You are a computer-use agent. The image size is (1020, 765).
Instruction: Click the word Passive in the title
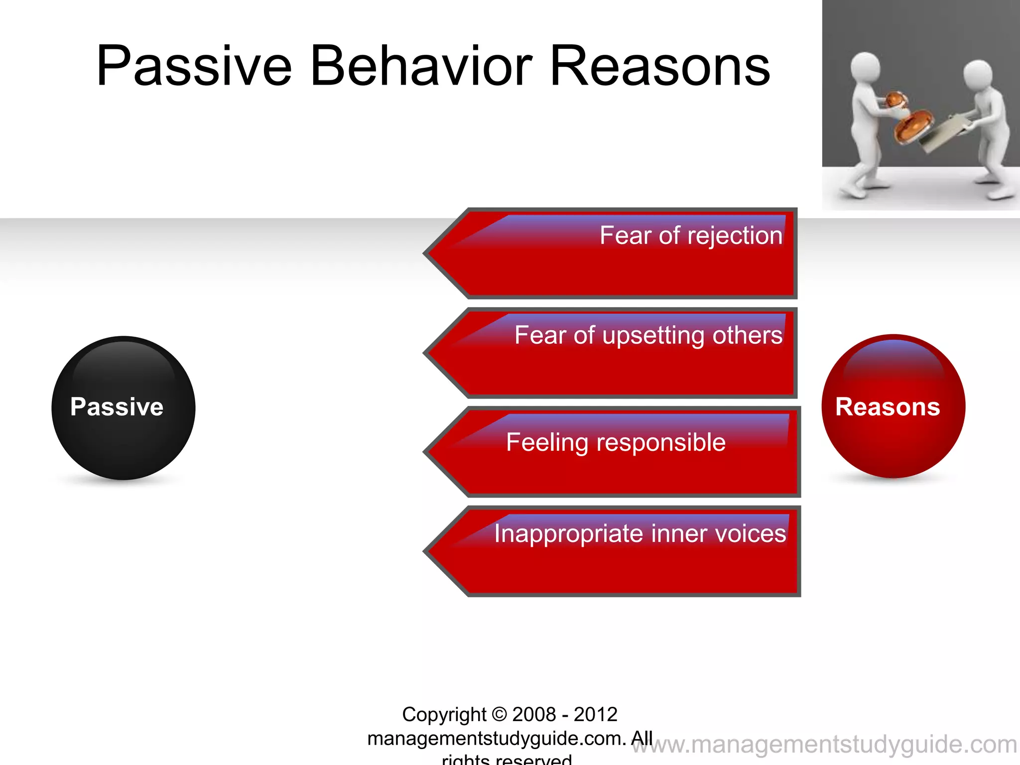point(194,66)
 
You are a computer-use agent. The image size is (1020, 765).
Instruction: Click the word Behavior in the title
point(421,66)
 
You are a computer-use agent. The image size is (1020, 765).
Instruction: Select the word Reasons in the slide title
point(660,66)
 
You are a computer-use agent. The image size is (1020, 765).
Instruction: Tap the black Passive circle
point(123,407)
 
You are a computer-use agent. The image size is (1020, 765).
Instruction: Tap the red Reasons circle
point(893,406)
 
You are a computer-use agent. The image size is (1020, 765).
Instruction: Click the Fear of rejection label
point(691,236)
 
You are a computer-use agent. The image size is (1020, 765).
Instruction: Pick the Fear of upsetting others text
point(648,335)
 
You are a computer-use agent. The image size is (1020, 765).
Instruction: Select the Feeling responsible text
point(616,442)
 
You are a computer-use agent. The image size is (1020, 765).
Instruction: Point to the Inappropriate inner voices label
point(640,533)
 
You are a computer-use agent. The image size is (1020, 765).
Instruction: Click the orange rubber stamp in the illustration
point(913,124)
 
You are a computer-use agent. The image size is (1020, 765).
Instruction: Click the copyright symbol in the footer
point(499,714)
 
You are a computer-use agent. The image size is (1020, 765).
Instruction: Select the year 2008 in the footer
point(533,714)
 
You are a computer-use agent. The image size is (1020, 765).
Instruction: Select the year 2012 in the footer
point(595,714)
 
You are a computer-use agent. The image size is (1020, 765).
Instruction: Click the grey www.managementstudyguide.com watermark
point(824,745)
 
